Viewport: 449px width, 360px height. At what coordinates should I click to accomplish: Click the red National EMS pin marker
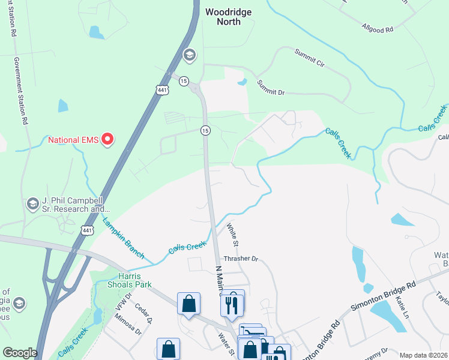(108, 139)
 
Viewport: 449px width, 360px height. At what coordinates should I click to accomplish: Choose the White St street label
(233, 235)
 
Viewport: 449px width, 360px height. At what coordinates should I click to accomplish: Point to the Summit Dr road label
(270, 88)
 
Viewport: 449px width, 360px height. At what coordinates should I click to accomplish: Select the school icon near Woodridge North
(190, 56)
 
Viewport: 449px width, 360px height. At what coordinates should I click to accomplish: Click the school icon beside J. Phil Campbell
(33, 204)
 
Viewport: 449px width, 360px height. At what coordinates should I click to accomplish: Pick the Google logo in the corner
(20, 353)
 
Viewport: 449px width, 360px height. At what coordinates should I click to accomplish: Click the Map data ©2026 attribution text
(423, 355)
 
